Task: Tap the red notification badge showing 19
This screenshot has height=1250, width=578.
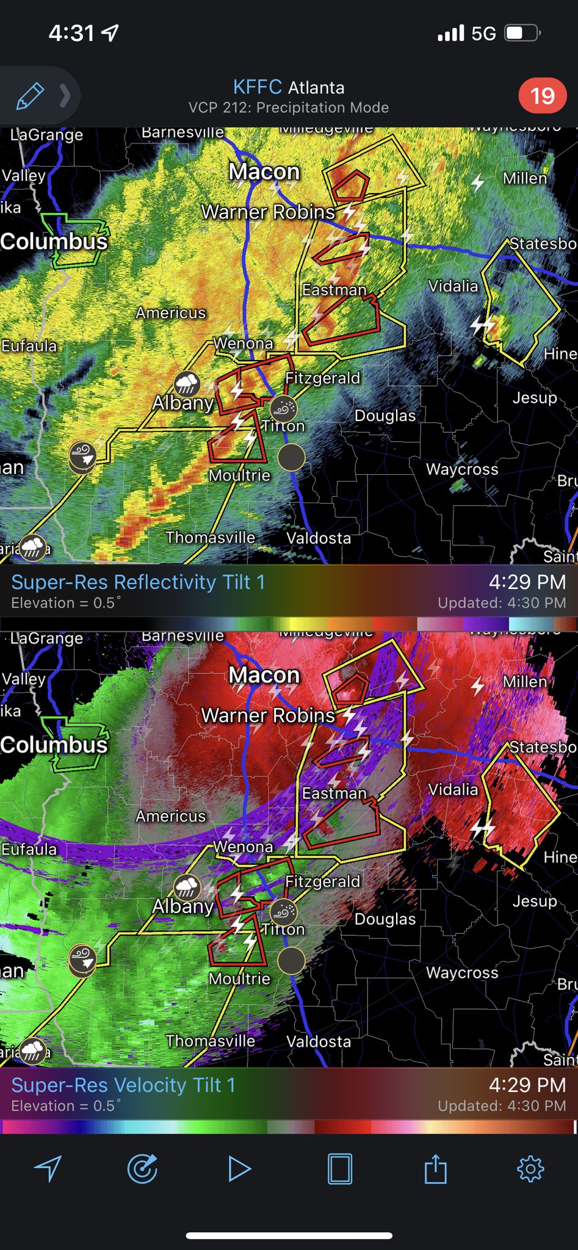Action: tap(542, 96)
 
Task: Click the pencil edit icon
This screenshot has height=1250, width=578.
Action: tap(30, 96)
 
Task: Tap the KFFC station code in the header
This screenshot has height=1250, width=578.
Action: tap(257, 87)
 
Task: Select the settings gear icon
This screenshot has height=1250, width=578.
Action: tap(530, 1169)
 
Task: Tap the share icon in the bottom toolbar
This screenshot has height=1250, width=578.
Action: tap(435, 1169)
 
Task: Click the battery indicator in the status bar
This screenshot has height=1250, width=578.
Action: tap(522, 33)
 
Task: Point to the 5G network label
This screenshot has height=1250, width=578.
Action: tap(483, 34)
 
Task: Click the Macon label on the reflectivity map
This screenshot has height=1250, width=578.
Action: tap(264, 172)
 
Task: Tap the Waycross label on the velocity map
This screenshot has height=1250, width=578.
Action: tap(462, 972)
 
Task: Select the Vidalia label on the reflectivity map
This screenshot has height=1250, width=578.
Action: tap(453, 286)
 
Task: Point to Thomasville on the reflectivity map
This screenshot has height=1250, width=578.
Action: tap(211, 537)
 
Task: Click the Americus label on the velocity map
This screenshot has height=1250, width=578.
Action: tap(171, 816)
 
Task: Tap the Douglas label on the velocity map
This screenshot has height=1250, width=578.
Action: tap(385, 919)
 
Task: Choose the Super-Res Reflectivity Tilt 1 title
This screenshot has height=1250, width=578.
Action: tap(138, 582)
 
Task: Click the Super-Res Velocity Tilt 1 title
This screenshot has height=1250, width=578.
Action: tap(123, 1085)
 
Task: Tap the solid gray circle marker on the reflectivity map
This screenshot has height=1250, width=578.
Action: tap(291, 457)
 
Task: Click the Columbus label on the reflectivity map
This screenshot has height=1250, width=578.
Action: tap(54, 241)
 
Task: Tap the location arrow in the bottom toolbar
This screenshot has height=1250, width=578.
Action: tap(48, 1169)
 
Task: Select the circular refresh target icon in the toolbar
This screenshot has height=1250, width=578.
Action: tap(142, 1169)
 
